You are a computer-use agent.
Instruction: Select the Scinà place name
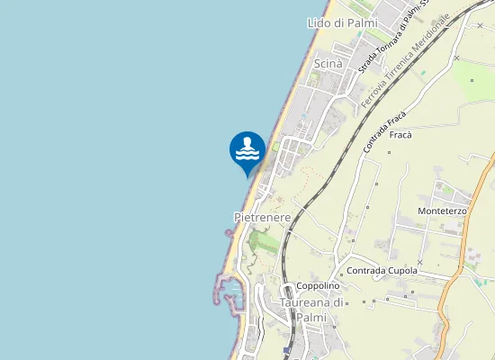328,63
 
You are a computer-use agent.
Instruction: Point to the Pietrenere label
262,218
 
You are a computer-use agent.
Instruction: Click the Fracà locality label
401,135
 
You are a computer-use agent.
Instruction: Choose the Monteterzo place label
442,211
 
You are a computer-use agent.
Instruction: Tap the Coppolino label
318,286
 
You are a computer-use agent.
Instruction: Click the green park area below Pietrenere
264,241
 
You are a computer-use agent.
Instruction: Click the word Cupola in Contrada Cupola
400,271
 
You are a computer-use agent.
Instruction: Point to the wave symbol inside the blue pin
247,152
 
